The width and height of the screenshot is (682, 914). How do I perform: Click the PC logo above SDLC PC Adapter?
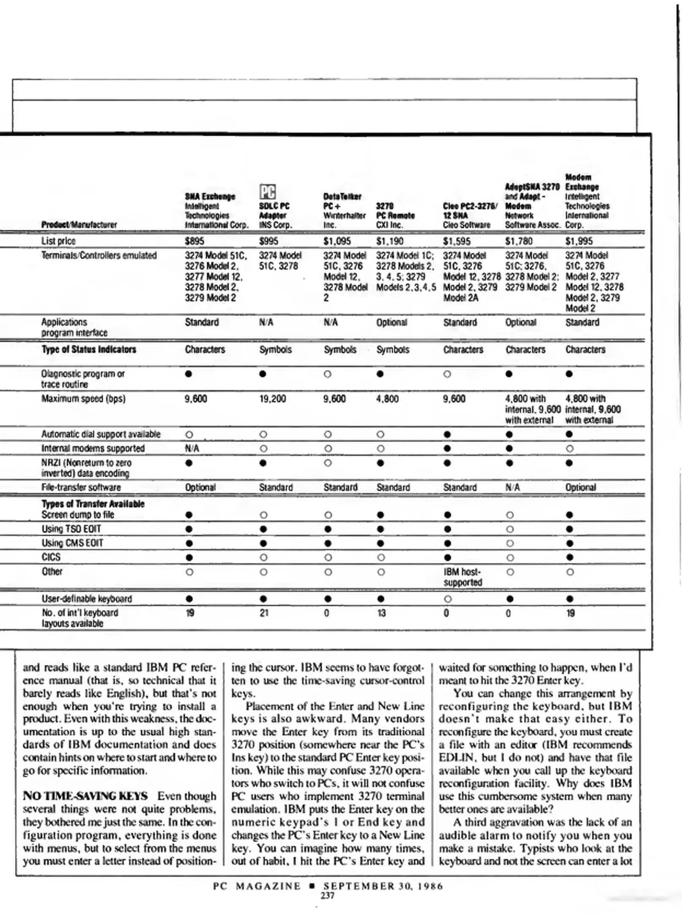[x=267, y=192]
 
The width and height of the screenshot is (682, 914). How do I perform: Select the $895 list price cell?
[x=194, y=241]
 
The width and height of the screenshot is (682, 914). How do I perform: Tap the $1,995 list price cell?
[x=579, y=241]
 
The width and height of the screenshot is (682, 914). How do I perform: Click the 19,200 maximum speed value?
[x=272, y=399]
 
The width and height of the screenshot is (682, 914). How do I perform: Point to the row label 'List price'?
[x=58, y=241]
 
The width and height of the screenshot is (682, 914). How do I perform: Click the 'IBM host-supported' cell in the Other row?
[x=462, y=577]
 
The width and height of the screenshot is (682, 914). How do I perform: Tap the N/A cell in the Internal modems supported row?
[x=192, y=448]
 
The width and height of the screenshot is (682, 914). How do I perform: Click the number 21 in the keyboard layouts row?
[x=264, y=613]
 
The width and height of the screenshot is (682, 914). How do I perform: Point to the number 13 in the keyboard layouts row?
[x=381, y=613]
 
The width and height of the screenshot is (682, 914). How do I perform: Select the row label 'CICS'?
[x=51, y=557]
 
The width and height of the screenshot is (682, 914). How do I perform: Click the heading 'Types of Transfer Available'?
[x=93, y=504]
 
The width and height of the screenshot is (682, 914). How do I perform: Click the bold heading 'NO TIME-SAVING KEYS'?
[x=85, y=796]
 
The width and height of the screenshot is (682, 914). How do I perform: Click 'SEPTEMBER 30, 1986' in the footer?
[x=383, y=886]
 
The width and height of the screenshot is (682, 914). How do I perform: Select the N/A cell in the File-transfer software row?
[x=512, y=487]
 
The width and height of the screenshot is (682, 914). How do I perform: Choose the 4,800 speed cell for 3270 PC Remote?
[x=387, y=399]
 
